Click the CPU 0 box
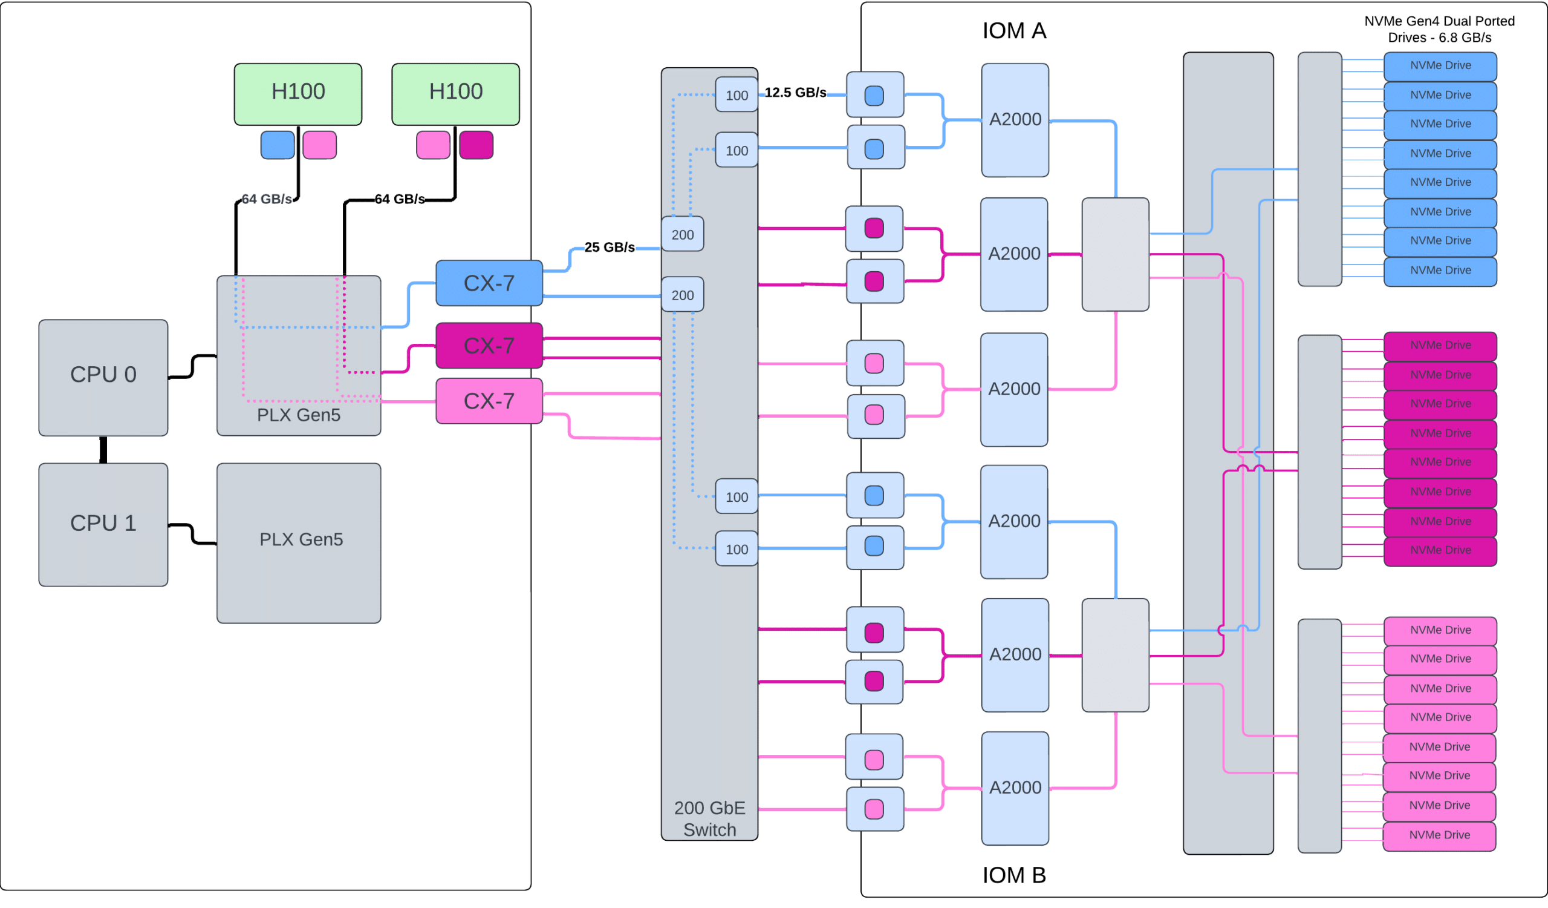103,377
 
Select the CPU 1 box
103,524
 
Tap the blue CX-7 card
489,283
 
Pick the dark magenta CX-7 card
489,346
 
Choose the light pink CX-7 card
489,401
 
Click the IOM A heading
1014,31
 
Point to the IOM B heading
1014,875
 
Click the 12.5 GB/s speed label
796,93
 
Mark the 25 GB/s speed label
610,247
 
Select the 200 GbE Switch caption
709,818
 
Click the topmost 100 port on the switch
737,95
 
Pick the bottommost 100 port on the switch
737,549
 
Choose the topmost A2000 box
1015,120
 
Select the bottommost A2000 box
1015,788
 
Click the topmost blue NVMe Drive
1440,66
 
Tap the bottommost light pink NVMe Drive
1439,835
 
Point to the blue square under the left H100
278,146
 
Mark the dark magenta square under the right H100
476,146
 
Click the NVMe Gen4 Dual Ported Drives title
1439,30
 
